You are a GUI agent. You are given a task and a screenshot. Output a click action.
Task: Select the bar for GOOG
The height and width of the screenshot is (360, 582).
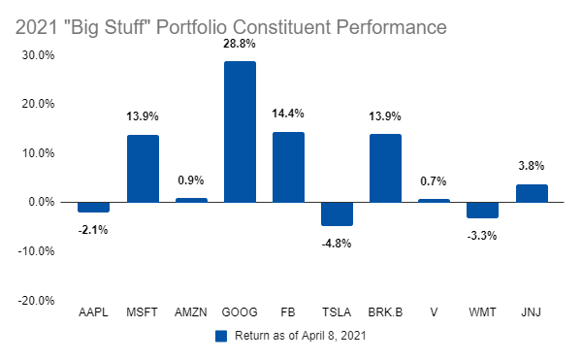240,132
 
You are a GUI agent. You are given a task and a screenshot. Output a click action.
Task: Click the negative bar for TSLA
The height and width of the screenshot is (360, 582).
337,213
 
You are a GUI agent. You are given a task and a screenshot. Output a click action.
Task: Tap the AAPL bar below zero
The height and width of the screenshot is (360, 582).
93,207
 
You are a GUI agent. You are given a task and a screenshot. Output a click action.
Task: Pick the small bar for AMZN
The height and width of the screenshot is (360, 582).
191,200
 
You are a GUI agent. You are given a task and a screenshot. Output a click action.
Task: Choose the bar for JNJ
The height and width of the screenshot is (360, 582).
532,193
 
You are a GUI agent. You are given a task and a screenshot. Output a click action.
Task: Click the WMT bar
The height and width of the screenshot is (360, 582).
482,210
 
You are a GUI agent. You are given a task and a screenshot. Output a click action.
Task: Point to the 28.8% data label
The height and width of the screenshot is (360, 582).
240,44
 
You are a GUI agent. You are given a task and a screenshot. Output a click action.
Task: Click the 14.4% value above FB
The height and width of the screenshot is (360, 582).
288,114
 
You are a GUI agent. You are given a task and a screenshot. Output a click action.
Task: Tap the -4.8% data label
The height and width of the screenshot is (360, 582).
337,244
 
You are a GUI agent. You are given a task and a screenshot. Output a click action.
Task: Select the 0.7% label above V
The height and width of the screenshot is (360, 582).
434,181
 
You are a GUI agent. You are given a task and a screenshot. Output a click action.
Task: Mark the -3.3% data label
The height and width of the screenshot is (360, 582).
482,236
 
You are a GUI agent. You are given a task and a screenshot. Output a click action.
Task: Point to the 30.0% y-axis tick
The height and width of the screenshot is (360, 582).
38,55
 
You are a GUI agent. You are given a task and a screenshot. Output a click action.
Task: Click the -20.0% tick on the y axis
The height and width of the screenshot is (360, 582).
36,300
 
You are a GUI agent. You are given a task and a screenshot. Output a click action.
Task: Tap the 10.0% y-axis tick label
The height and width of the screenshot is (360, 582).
38,153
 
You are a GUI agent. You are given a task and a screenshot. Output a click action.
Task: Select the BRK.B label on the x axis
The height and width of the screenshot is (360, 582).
385,312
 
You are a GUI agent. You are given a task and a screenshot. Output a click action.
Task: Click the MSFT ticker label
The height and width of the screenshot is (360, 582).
143,312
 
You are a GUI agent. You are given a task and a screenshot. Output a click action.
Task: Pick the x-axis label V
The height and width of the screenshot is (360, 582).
434,312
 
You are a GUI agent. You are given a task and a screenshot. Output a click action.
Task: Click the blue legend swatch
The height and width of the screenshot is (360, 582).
221,336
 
